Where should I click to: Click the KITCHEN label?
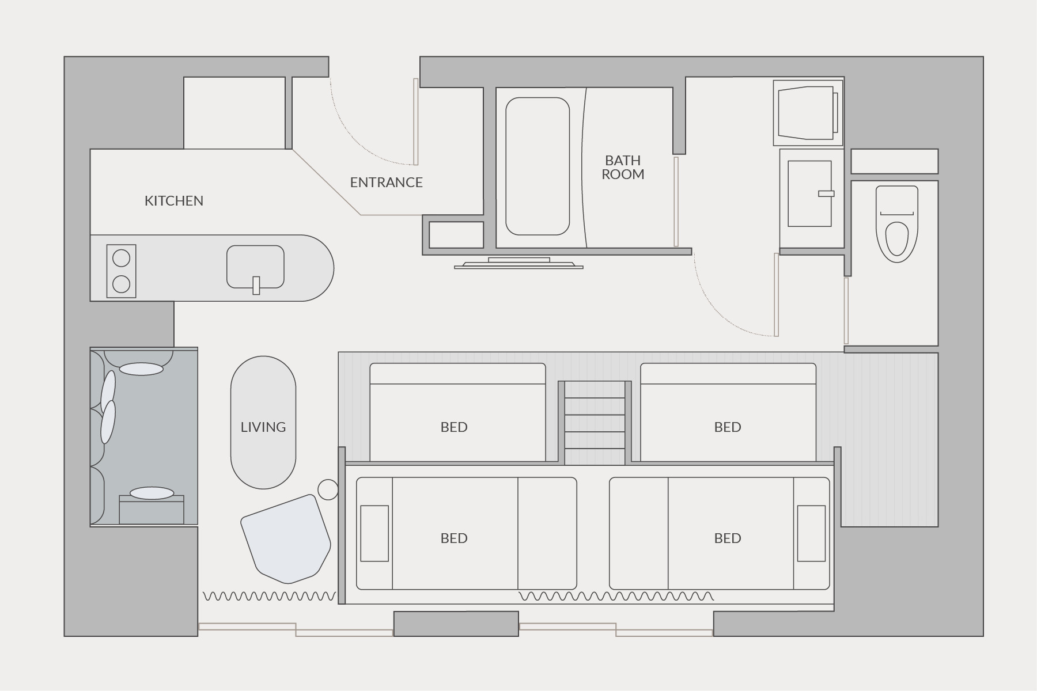pyautogui.click(x=173, y=201)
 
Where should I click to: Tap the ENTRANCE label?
pyautogui.click(x=386, y=183)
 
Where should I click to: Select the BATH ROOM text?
pyautogui.click(x=623, y=168)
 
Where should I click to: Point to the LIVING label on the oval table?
pyautogui.click(x=263, y=427)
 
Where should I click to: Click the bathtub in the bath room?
pyautogui.click(x=538, y=166)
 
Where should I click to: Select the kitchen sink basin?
pyautogui.click(x=255, y=267)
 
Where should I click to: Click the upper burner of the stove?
pyautogui.click(x=121, y=259)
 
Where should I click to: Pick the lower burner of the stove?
pyautogui.click(x=121, y=284)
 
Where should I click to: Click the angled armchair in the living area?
pyautogui.click(x=286, y=538)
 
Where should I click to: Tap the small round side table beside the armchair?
pyautogui.click(x=328, y=490)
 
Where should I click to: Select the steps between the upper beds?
pyautogui.click(x=595, y=423)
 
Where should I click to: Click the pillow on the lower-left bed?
pyautogui.click(x=374, y=533)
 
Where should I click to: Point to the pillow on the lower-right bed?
pyautogui.click(x=811, y=533)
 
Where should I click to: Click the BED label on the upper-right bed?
pyautogui.click(x=728, y=427)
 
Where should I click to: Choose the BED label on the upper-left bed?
pyautogui.click(x=454, y=427)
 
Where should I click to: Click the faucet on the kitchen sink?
pyautogui.click(x=256, y=286)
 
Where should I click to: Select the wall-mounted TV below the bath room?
pyautogui.click(x=518, y=264)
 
